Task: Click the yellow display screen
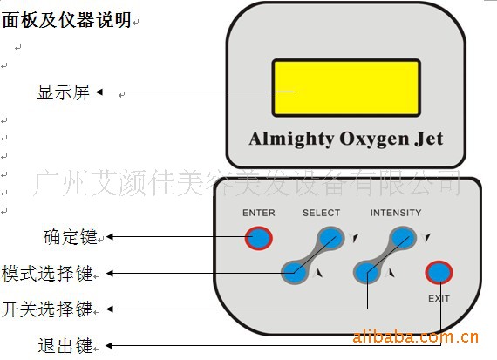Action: pyautogui.click(x=346, y=88)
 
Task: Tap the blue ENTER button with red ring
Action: pyautogui.click(x=259, y=238)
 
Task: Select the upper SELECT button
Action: pyautogui.click(x=330, y=238)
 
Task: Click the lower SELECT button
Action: pyautogui.click(x=295, y=273)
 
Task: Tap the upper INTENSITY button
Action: pyautogui.click(x=403, y=237)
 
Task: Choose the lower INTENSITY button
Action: pyautogui.click(x=367, y=273)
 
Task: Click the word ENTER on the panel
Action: pyautogui.click(x=259, y=213)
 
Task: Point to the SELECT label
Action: pyautogui.click(x=321, y=213)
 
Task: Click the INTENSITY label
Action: pyautogui.click(x=396, y=213)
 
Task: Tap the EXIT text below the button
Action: pyautogui.click(x=439, y=298)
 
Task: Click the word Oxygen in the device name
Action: pyautogui.click(x=374, y=139)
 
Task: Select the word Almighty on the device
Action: pyautogui.click(x=291, y=139)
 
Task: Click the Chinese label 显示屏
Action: pyautogui.click(x=64, y=92)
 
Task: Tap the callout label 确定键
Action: pyautogui.click(x=71, y=237)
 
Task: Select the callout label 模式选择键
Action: pyautogui.click(x=48, y=273)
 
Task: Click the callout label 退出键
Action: pyautogui.click(x=65, y=345)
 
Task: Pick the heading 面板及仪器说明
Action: pyautogui.click(x=67, y=20)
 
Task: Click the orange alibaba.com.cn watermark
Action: pyautogui.click(x=416, y=336)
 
